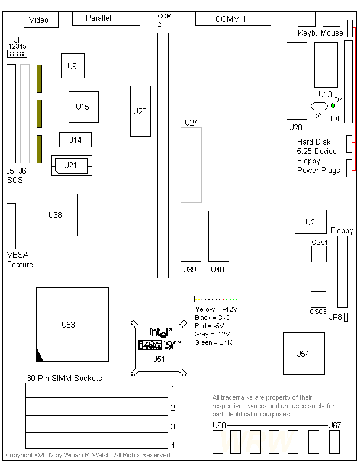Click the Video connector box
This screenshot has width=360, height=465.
coord(41,20)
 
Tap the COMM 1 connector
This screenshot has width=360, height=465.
coord(230,18)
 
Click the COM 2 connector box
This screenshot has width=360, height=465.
coord(164,20)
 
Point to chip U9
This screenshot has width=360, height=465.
coord(72,66)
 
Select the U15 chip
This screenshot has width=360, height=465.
coord(83,107)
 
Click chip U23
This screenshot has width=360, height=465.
coord(140,111)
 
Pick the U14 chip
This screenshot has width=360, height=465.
coord(75,140)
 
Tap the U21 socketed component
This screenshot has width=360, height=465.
coord(71,165)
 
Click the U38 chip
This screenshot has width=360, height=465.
coord(57,215)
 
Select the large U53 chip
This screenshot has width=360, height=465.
coord(72,324)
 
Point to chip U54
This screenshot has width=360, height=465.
coord(303,354)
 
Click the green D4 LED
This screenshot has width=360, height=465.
coord(333,105)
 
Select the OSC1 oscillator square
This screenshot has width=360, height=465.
coord(319,254)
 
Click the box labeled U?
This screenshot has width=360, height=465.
coord(310,222)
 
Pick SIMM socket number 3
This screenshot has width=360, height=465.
coord(96,424)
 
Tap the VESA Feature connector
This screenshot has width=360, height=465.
coord(11,226)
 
